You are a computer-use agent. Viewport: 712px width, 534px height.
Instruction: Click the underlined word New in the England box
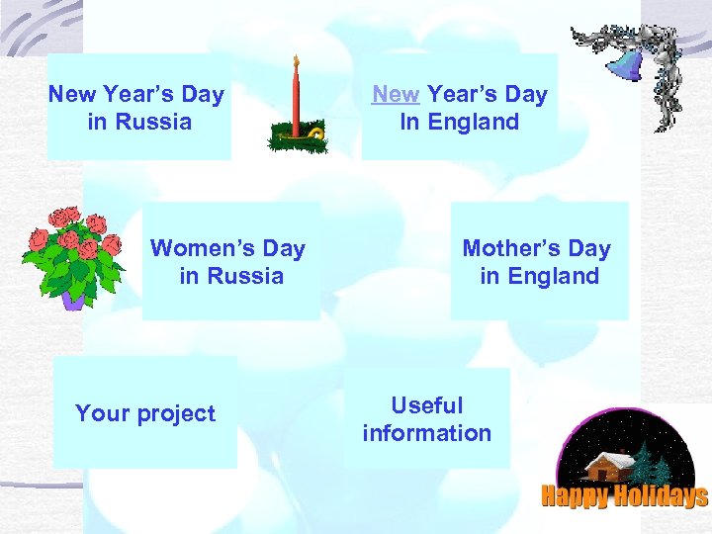point(396,95)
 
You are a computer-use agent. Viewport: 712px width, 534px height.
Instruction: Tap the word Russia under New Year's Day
point(153,123)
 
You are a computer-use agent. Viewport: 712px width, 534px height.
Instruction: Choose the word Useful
point(427,405)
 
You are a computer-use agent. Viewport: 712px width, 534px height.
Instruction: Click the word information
point(427,433)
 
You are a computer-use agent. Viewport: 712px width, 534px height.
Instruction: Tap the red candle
point(295,99)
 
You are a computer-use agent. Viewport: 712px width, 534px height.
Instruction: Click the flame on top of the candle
point(295,61)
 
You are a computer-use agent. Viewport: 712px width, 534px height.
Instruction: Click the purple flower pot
point(73,299)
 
